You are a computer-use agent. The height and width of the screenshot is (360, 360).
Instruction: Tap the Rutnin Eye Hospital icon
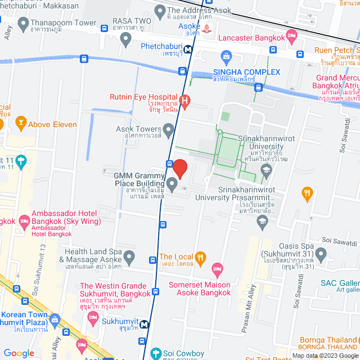tap(185, 100)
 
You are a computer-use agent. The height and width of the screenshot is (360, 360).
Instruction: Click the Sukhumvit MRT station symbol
tap(145, 324)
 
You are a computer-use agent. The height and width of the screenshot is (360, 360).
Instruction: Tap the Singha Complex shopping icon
tap(226, 56)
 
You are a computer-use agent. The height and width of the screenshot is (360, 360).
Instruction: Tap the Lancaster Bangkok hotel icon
tap(291, 37)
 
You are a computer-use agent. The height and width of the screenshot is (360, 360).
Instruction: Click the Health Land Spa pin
tap(129, 258)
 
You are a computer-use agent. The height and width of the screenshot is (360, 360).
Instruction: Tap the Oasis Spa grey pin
tap(321, 255)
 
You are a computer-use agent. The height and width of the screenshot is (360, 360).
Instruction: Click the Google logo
tap(19, 353)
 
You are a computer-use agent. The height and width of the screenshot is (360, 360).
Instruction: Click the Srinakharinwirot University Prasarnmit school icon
tap(262, 222)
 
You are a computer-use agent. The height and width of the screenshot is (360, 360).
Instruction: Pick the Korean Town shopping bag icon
tap(55, 320)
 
